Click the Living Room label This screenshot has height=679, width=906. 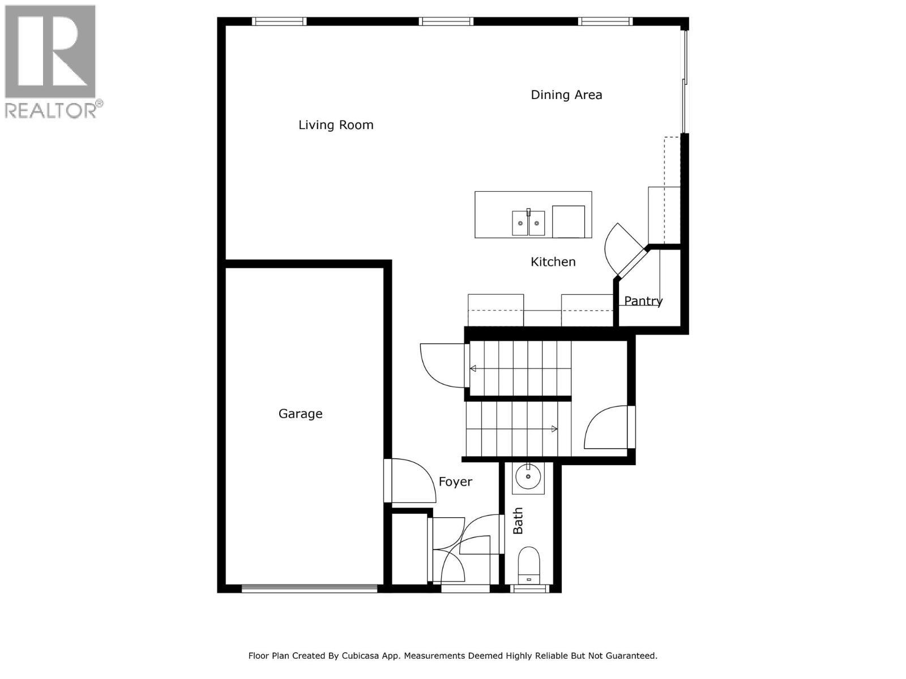pos(336,125)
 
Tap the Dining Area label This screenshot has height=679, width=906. pos(566,95)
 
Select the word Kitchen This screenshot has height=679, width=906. pos(553,262)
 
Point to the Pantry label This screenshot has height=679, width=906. pos(643,301)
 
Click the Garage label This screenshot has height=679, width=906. pos(300,414)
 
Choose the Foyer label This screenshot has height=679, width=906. pos(455,482)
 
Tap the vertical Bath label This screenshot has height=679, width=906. pos(518,521)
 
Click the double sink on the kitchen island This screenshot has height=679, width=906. pos(528,223)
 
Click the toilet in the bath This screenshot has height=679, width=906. pos(529,564)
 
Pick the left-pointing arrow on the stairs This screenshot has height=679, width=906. pos(473,369)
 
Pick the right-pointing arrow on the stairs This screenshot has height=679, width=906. pos(554,429)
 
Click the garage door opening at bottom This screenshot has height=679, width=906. pos(309,588)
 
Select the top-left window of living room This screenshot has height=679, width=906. pos(279,22)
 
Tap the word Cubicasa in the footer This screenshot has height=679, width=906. pos(363,656)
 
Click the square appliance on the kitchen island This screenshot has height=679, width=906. pos(568,221)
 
